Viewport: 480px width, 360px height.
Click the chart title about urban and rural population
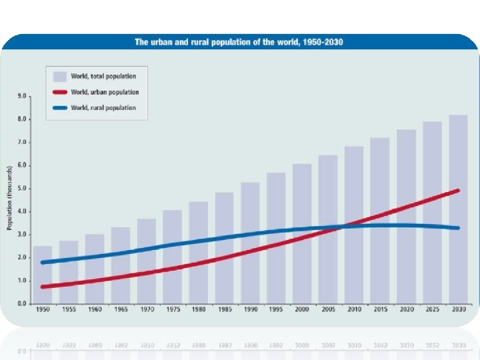239,42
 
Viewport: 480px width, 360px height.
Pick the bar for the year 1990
250,243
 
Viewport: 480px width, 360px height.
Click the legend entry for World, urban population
105,92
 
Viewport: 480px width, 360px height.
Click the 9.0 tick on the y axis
22,96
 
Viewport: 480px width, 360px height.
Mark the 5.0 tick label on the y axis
22,189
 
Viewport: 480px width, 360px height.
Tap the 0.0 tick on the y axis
22,304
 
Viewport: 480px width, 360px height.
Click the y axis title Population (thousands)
10,198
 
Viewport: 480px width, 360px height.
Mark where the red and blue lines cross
343,226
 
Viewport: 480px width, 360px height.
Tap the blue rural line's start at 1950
43,262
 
